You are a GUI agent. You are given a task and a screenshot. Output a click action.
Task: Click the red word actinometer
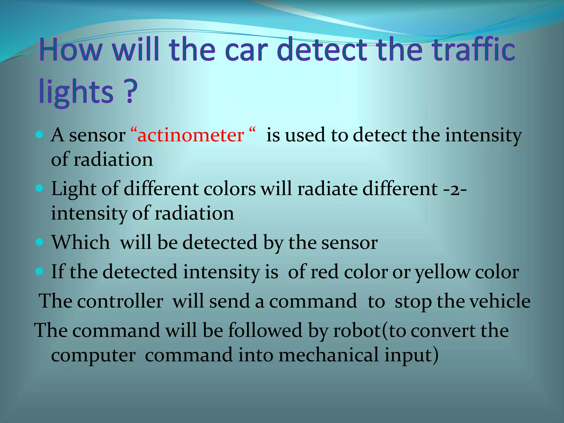(x=191, y=135)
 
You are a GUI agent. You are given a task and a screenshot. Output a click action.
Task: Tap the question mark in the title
(x=132, y=91)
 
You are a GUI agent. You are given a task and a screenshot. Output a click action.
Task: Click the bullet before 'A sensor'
(x=39, y=135)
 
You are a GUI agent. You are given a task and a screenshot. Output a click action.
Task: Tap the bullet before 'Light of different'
(x=39, y=188)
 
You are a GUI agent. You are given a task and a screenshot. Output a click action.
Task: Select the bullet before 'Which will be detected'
(x=39, y=242)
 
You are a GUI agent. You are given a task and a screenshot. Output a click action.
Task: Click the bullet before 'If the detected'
(x=39, y=272)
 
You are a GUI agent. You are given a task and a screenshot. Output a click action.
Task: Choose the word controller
(x=120, y=301)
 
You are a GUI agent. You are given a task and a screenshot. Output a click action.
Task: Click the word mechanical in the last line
(x=329, y=355)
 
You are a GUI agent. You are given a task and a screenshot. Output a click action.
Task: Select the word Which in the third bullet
(x=80, y=243)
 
